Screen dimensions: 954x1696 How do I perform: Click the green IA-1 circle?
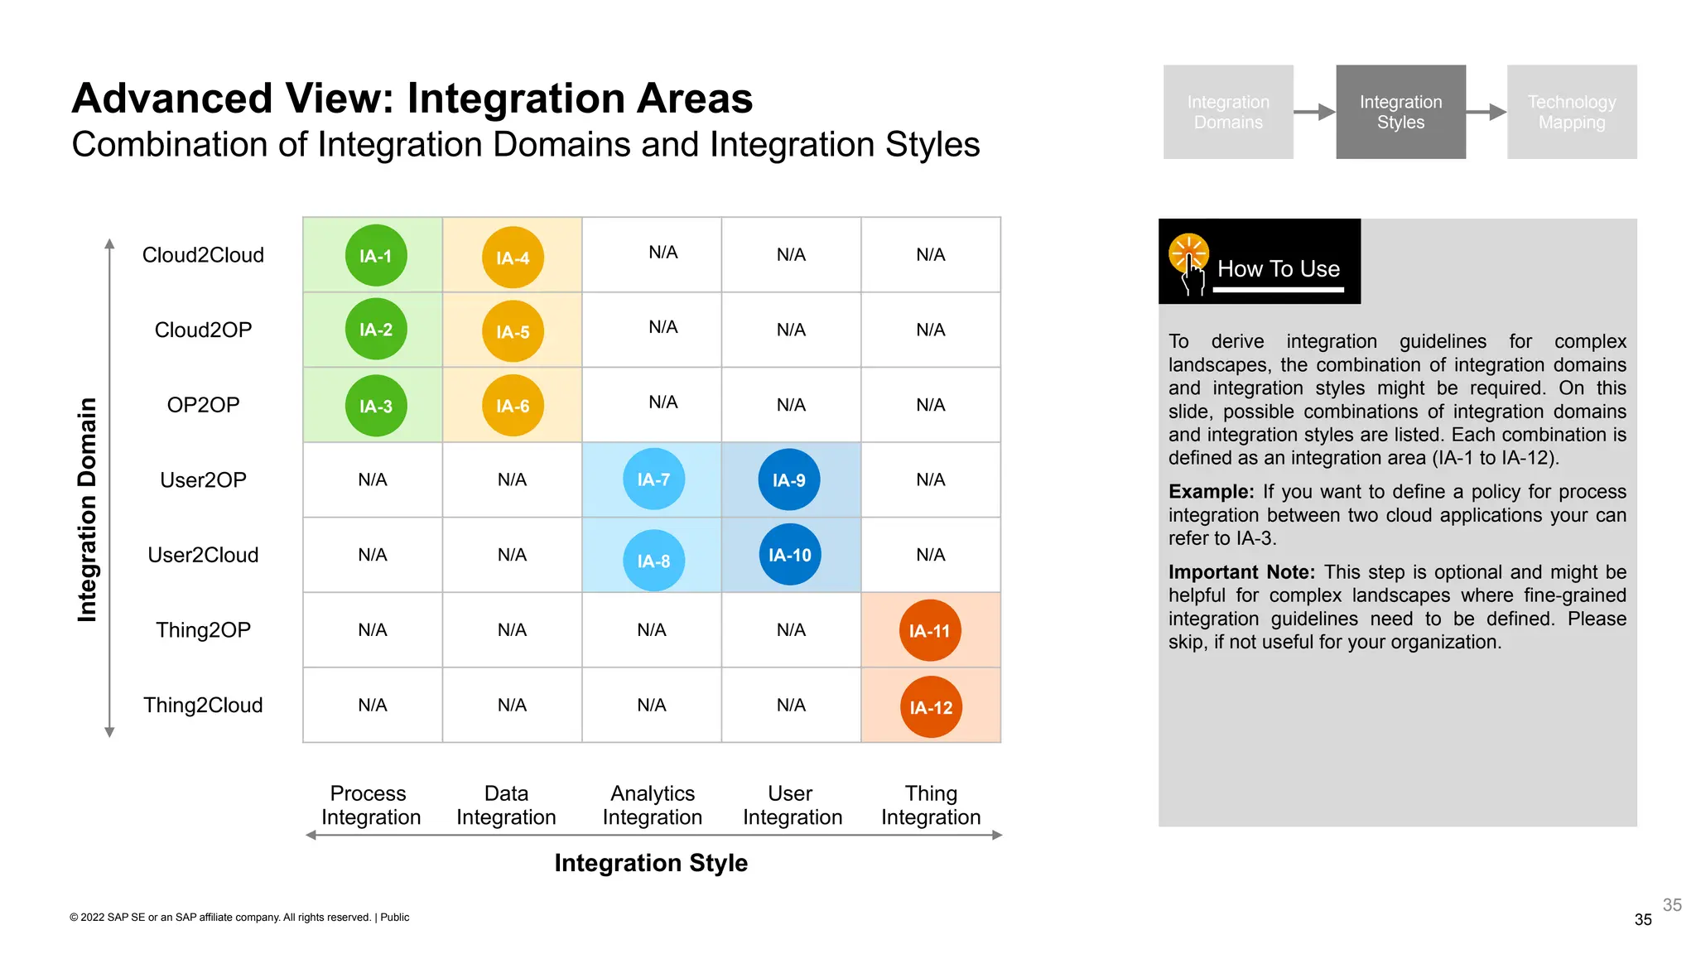(376, 255)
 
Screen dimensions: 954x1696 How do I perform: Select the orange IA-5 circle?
(513, 331)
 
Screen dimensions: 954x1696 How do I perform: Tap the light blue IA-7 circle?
(653, 479)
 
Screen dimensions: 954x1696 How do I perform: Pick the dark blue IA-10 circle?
(789, 555)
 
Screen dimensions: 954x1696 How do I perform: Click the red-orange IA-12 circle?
(931, 707)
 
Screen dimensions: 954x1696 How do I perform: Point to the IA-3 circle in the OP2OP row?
(376, 406)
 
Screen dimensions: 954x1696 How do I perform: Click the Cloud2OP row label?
(203, 330)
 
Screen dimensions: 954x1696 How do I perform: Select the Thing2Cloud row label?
(203, 705)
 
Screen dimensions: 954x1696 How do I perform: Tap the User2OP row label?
(203, 479)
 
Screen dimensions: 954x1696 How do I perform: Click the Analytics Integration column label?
(653, 805)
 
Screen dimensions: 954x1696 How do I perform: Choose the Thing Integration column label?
(931, 805)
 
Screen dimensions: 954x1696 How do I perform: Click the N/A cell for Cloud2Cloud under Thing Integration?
(931, 255)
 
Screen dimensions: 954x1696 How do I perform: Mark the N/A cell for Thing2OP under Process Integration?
(373, 630)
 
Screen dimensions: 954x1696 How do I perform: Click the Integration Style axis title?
(651, 863)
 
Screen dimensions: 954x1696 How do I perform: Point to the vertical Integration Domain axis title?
(87, 509)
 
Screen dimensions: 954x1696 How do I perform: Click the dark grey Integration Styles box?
(1400, 112)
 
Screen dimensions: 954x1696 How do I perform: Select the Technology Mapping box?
(1571, 112)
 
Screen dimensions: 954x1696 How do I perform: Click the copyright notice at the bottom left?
(239, 917)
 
